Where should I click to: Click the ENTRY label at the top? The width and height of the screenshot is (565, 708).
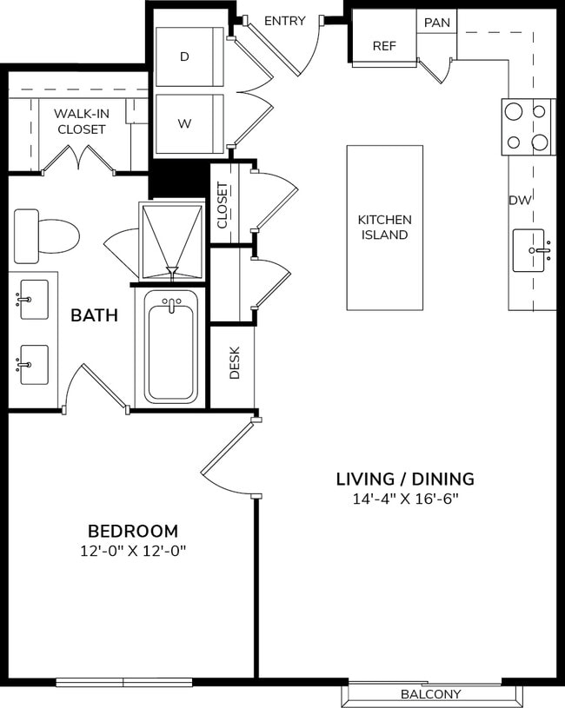[284, 21]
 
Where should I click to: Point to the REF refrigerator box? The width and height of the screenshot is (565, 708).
[384, 46]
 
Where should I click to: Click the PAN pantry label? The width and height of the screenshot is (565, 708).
[436, 22]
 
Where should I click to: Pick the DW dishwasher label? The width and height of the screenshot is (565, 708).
[520, 201]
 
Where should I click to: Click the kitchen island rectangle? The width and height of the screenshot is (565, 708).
[384, 228]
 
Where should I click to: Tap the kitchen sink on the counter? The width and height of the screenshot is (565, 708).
[528, 250]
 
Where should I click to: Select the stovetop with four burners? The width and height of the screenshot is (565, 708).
[528, 127]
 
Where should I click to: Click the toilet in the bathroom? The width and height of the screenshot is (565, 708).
[46, 235]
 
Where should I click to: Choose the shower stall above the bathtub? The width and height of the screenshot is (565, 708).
[171, 241]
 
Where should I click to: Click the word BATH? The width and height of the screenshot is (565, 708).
[94, 315]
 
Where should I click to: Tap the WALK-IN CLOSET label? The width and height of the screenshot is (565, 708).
[81, 122]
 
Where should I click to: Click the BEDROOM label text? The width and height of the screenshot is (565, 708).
[133, 531]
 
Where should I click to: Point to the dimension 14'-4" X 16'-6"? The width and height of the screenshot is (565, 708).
[405, 499]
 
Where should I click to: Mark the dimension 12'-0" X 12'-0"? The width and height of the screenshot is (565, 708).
[133, 551]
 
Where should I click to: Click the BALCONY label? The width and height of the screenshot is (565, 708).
[430, 694]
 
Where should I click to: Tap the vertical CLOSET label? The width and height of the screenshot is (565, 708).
[223, 205]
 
